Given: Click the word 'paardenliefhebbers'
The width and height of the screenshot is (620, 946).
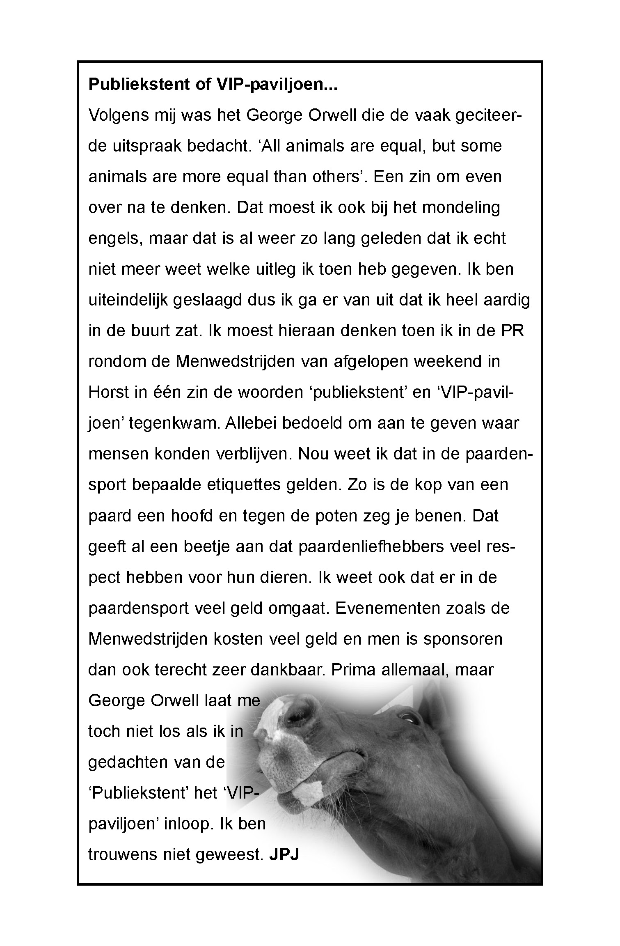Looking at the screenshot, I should point(371,547).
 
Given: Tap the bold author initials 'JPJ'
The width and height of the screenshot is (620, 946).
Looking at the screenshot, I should point(284,855).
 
